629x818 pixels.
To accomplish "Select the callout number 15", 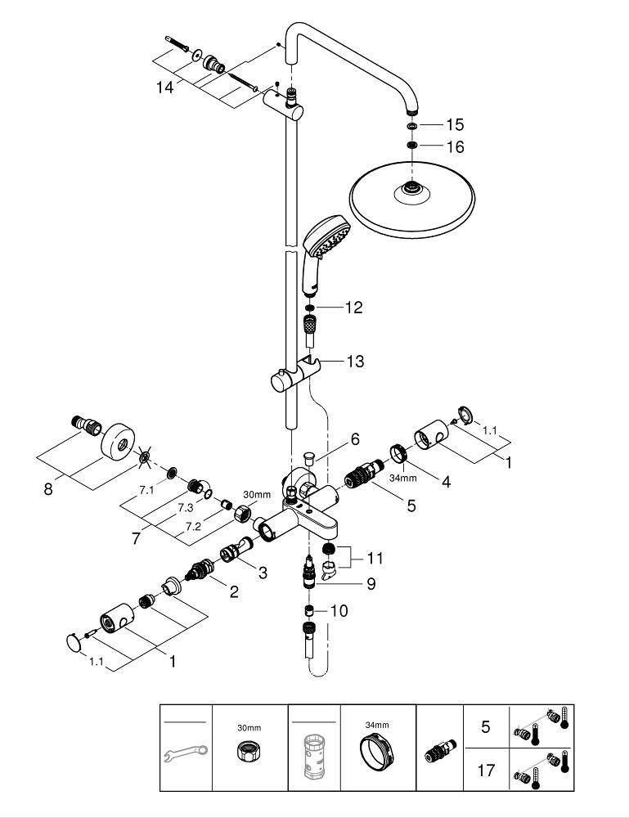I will pos(455,125).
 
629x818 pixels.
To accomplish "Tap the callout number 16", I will pos(455,147).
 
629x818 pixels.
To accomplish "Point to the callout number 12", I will pos(353,308).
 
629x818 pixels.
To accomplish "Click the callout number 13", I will pos(355,361).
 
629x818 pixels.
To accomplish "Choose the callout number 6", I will pos(355,439).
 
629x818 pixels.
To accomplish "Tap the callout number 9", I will pos(371,585).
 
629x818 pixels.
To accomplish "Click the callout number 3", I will pos(263,573).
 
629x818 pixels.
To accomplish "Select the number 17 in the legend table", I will pos(485,771).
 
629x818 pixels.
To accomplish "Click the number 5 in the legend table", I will pos(485,726).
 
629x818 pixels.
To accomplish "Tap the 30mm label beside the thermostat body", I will pos(256,495).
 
